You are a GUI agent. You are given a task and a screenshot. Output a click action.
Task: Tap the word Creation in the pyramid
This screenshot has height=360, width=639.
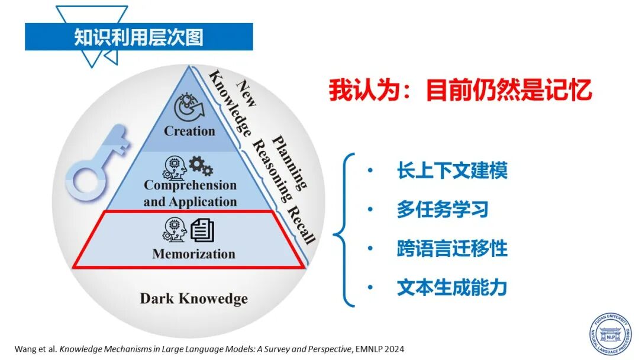point(189,131)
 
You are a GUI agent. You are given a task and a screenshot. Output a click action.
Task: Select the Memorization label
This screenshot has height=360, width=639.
point(193,254)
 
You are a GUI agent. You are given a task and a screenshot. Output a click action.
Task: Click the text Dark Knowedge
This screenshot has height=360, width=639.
point(193,298)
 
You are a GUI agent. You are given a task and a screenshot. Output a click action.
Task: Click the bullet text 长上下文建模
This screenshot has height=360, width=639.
point(452,171)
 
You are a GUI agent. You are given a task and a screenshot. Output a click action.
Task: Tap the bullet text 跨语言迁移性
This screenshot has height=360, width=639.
point(452,248)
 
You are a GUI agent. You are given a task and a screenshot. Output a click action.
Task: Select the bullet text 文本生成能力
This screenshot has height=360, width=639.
point(452,287)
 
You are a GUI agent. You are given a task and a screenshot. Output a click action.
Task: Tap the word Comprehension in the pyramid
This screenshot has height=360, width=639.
point(190,185)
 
